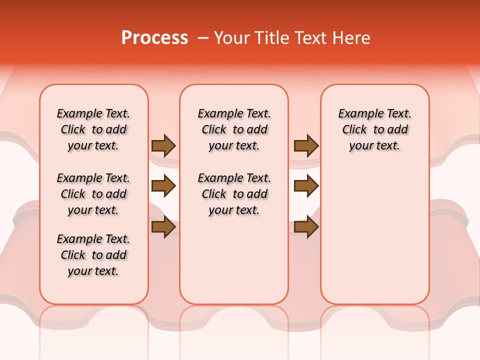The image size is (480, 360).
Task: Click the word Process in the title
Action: point(154,38)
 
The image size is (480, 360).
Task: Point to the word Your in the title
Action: point(231,38)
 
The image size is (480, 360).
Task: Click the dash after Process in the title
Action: point(203,38)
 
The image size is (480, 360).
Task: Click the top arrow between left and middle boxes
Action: point(163,146)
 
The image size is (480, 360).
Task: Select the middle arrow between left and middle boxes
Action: point(163,186)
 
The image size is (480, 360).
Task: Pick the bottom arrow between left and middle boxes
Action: point(163,227)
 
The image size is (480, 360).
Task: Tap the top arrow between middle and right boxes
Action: point(306,146)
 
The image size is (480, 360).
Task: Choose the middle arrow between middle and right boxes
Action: point(306,186)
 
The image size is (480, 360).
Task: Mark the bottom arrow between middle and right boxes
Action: point(306,227)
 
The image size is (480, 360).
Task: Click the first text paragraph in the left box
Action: point(93,129)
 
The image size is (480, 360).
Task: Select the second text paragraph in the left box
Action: point(93,194)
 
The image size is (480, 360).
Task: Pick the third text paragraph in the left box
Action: point(93,255)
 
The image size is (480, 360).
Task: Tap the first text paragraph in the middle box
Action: point(234,129)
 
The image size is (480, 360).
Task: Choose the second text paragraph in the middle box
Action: point(234,194)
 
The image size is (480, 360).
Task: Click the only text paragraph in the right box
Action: point(374,129)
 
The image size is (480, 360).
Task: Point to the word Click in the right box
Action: point(354,130)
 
